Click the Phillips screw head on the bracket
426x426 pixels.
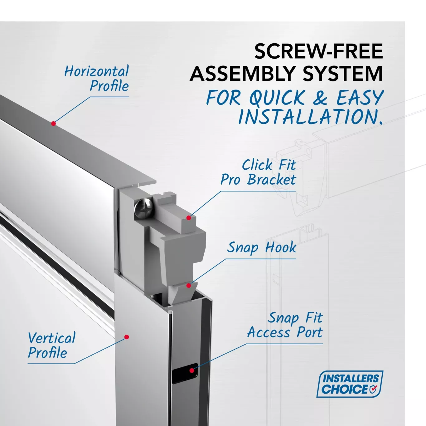pos(143,209)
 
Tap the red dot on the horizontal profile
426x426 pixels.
pos(53,123)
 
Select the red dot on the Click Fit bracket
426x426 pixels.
pos(189,218)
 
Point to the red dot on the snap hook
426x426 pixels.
pos(189,285)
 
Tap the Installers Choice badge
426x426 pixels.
pos(350,384)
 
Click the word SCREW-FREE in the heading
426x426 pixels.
pos(318,51)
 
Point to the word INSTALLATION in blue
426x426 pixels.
pos(310,117)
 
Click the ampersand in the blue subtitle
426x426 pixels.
pos(320,98)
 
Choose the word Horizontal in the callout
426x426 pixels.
pos(96,71)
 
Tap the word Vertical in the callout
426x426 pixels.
pos(52,338)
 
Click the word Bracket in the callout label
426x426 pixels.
pos(271,179)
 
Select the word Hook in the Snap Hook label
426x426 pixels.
pos(281,247)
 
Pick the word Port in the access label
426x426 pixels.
pos(310,332)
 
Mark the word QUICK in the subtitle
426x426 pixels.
pos(277,98)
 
